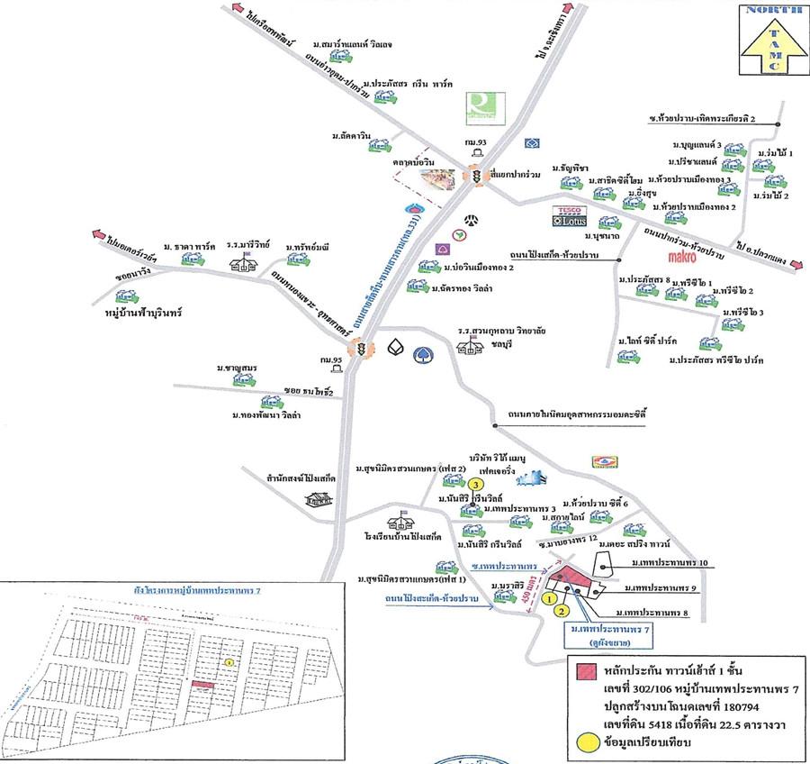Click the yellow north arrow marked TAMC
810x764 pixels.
pos(771,46)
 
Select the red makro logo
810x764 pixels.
pos(690,257)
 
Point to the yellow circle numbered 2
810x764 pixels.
pos(561,612)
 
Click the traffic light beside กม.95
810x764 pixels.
pos(362,348)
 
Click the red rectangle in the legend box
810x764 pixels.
pos(585,672)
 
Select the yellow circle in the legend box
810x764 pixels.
pos(585,744)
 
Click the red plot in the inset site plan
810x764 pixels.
pos(203,686)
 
